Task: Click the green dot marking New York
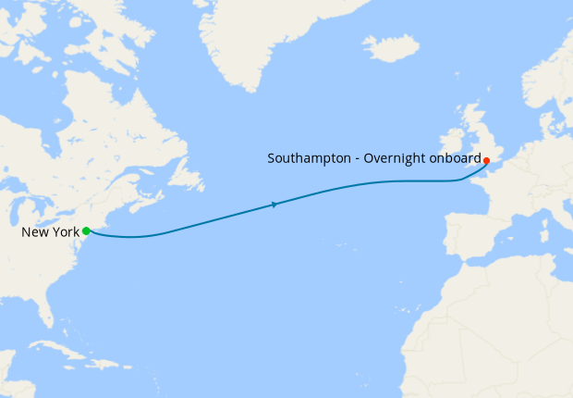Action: [x=86, y=230]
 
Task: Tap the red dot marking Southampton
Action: [x=486, y=160]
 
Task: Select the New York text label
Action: [x=50, y=231]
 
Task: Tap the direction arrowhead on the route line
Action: [x=274, y=204]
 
